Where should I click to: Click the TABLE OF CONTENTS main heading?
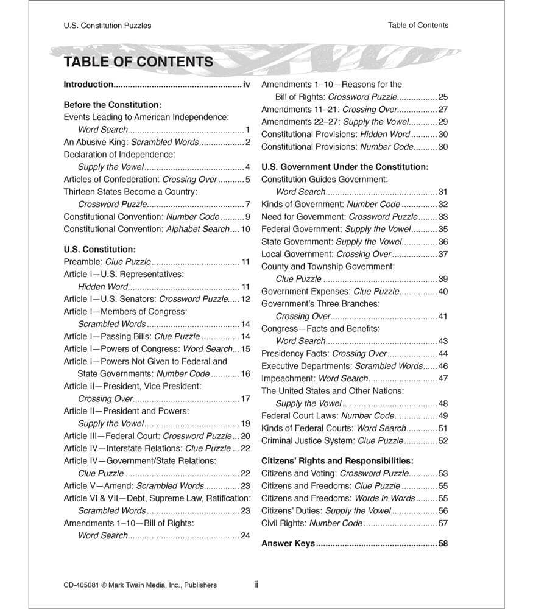[138, 62]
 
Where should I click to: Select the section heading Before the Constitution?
[113, 104]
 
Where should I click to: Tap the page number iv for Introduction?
[246, 85]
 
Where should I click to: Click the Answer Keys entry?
[288, 543]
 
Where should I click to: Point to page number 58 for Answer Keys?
[443, 543]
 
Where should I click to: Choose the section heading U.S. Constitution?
[99, 249]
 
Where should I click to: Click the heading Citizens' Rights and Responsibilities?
[337, 460]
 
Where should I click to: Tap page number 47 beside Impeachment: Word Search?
[443, 378]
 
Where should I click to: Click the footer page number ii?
[256, 585]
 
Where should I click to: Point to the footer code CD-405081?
[81, 585]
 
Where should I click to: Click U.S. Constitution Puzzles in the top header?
[107, 26]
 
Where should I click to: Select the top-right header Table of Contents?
[418, 25]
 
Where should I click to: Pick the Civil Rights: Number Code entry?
[311, 523]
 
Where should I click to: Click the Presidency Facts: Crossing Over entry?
[324, 353]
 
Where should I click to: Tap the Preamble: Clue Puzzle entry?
[107, 262]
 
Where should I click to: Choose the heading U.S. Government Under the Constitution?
[345, 166]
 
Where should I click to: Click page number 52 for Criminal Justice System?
[443, 440]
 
